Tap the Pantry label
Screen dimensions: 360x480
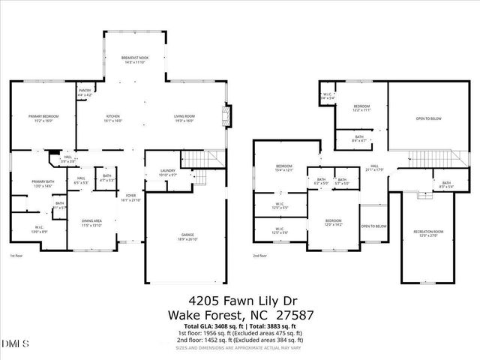(84, 93)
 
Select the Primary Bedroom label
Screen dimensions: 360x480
(43, 118)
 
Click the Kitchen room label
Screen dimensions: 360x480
(113, 118)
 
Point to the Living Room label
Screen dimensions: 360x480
(184, 118)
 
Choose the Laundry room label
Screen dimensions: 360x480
(167, 172)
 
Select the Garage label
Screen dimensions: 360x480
(178, 237)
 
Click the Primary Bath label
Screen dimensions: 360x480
(43, 183)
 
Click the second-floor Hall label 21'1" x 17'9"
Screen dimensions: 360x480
(374, 168)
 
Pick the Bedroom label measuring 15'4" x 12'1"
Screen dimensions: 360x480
(283, 168)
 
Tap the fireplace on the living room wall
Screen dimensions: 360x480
(229, 117)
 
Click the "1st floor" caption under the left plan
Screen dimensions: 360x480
(16, 256)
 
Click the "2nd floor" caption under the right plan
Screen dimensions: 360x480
(260, 256)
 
